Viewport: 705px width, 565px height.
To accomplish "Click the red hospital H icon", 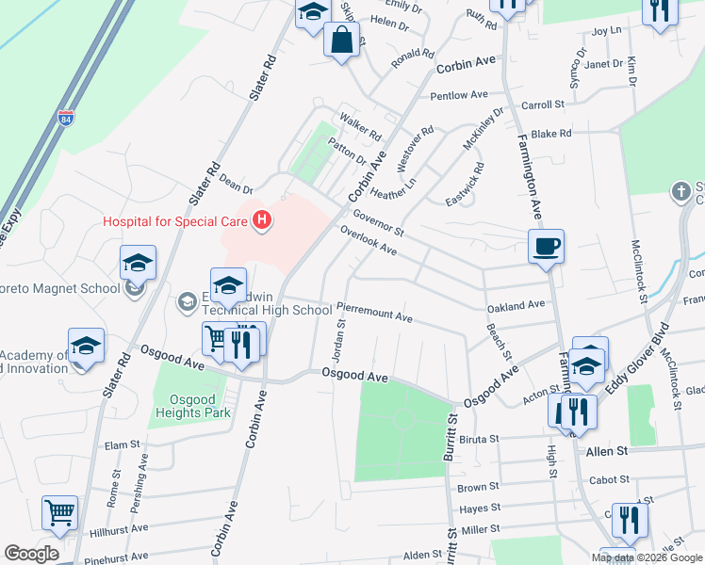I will point(263,221).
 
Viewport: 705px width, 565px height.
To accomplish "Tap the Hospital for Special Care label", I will point(176,222).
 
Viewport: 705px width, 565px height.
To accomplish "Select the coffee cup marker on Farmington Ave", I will point(546,248).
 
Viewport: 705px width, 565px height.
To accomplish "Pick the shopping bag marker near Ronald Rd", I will point(340,40).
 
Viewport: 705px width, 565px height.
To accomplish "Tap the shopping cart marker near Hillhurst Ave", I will point(59,514).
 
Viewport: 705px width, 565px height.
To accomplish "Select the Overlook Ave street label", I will point(368,244).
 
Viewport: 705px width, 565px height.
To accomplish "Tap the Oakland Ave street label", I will point(516,306).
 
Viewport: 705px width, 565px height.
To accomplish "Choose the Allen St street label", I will point(606,452).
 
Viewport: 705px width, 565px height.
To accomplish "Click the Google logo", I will point(31,554).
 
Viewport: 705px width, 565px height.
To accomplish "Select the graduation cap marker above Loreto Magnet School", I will point(138,264).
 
